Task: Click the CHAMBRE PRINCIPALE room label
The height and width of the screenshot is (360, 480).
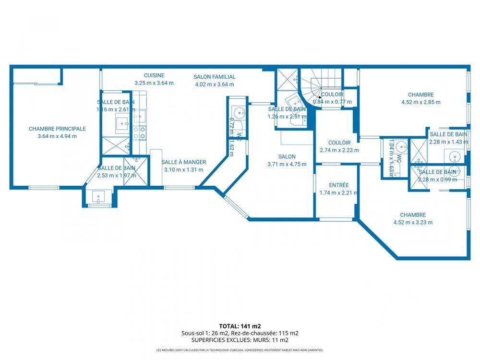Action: [x=57, y=129]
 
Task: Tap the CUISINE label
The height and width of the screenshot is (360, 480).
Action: [x=154, y=75]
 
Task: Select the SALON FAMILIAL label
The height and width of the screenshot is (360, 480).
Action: [x=215, y=77]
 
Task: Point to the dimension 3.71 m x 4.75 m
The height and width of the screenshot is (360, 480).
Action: [x=287, y=164]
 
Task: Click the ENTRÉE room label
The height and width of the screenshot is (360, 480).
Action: [x=339, y=185]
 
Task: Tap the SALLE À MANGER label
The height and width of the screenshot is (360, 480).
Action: [x=183, y=162]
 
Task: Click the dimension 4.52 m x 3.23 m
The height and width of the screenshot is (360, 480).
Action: [x=413, y=222]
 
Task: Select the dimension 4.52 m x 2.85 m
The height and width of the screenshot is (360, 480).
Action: [x=420, y=102]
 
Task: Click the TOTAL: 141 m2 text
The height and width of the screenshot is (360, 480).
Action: [x=240, y=326]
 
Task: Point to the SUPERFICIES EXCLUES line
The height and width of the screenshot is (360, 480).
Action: [x=240, y=340]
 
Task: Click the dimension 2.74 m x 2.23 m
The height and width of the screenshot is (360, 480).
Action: [x=339, y=150]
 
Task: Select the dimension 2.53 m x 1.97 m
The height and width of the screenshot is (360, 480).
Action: [x=117, y=175]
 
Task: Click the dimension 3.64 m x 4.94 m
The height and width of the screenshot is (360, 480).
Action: [x=57, y=136]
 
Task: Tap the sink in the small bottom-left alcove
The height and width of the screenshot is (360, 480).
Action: [x=99, y=197]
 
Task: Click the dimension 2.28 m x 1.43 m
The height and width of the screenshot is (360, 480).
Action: [x=448, y=142]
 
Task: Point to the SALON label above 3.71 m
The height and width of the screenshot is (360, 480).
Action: [x=287, y=156]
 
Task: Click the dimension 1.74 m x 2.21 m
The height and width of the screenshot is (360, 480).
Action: [x=339, y=193]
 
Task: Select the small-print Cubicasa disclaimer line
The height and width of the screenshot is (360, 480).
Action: [x=240, y=350]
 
